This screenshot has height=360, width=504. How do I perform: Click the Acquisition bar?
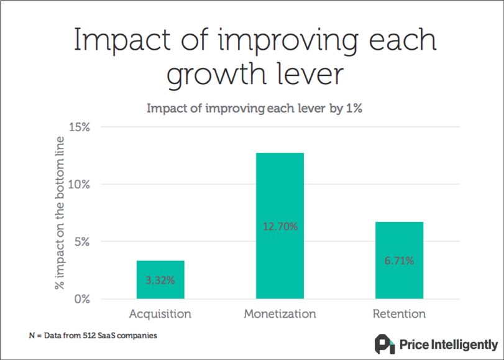tap(160, 280)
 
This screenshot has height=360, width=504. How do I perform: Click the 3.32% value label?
tap(160, 280)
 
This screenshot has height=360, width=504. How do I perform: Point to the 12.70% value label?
tap(280, 226)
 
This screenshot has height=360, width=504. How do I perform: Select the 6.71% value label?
tap(399, 261)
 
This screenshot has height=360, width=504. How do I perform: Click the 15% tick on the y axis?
tap(79, 127)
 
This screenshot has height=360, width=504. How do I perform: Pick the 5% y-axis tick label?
tap(82, 242)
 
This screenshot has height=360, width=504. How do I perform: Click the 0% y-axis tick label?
tap(82, 299)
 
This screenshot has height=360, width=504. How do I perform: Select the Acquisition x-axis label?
tap(160, 313)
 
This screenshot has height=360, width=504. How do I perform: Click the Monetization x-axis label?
tap(280, 313)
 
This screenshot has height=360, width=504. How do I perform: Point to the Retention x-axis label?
tap(399, 313)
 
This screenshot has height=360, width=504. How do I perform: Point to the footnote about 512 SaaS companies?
tap(93, 336)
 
